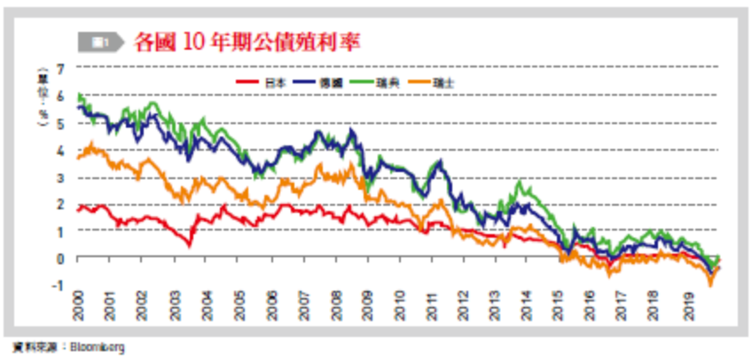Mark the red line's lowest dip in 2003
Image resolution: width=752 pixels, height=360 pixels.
point(189,244)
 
